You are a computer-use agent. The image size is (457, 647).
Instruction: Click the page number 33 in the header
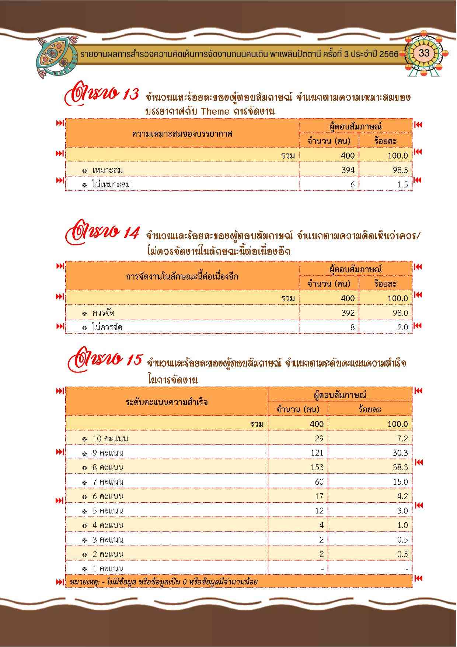pos(424,53)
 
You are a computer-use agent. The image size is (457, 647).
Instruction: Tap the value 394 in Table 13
pos(348,170)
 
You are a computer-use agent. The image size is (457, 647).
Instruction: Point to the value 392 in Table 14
pos(348,313)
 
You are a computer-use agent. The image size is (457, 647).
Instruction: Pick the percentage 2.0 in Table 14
pos(401,327)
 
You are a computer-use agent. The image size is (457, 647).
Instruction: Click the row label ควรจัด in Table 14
pos(103,313)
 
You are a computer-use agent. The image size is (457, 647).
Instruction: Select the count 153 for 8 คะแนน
pos(317,467)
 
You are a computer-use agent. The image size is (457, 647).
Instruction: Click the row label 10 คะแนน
pos(110,439)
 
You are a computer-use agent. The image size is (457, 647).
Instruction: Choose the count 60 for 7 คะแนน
pos(319,482)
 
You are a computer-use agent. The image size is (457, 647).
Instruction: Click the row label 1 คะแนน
pos(108,568)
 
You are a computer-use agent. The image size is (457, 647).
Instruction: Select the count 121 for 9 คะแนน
pos(317,453)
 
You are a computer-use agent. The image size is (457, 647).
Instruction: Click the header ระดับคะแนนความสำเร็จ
pos(167,402)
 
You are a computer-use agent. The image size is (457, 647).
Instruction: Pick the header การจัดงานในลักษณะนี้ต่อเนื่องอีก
pos(182,276)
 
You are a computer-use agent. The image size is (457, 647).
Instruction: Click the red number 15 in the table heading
pos(133,360)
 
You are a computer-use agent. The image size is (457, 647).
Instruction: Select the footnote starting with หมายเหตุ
pos(163,582)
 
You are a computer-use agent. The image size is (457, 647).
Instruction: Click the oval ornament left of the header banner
pos(55,57)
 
